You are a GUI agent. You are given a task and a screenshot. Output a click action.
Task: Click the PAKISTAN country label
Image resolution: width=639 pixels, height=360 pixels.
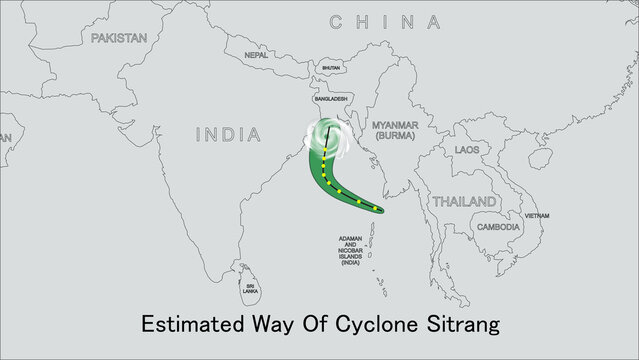pyautogui.click(x=118, y=37)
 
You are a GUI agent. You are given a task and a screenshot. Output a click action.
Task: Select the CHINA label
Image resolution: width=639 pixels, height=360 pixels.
pyautogui.click(x=385, y=21)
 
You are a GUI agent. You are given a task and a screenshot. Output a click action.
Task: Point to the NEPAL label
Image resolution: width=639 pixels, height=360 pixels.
pyautogui.click(x=257, y=56)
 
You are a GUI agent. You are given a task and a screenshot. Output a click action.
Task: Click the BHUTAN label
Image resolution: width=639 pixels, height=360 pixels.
pyautogui.click(x=330, y=69)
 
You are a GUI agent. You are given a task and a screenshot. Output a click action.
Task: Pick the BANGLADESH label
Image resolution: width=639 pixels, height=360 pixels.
pyautogui.click(x=330, y=100)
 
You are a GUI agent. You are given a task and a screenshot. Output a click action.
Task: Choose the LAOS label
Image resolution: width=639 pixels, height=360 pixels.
pyautogui.click(x=466, y=149)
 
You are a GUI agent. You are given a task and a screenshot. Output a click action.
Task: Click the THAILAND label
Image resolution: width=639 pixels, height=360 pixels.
pyautogui.click(x=463, y=201)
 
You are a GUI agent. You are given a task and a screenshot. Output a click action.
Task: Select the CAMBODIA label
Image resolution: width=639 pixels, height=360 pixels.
pyautogui.click(x=497, y=227)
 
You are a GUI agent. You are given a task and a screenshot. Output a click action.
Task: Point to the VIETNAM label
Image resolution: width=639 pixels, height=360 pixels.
pyautogui.click(x=537, y=216)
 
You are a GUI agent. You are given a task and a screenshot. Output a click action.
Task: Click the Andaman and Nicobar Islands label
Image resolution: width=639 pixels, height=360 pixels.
pyautogui.click(x=350, y=250)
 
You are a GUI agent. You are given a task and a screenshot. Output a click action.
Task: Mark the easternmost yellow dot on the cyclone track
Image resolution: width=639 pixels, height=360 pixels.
pyautogui.click(x=377, y=209)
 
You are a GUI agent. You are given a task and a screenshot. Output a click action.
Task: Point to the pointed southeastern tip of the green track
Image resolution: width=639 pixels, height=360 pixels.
pyautogui.click(x=383, y=211)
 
